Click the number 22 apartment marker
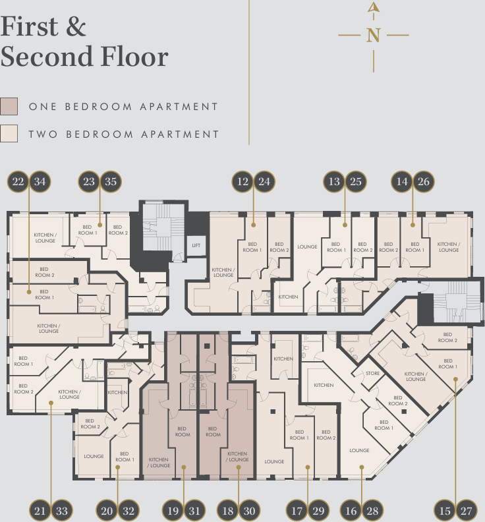pyautogui.click(x=18, y=181)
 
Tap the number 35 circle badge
pyautogui.click(x=110, y=181)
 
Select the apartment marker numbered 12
pyautogui.click(x=244, y=181)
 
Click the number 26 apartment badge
pyautogui.click(x=424, y=181)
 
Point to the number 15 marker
pyautogui.click(x=445, y=510)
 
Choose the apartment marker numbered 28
pyautogui.click(x=373, y=510)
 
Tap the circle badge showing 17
pyautogui.click(x=297, y=510)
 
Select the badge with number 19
pyautogui.click(x=173, y=510)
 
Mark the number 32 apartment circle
pyautogui.click(x=128, y=510)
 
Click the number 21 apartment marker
pyautogui.click(x=40, y=510)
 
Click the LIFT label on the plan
pyautogui.click(x=196, y=246)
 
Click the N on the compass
pyautogui.click(x=374, y=36)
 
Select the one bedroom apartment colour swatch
pyautogui.click(x=9, y=106)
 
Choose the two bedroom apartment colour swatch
pyautogui.click(x=9, y=134)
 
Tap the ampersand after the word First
pyautogui.click(x=75, y=27)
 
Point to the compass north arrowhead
pyautogui.click(x=374, y=9)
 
